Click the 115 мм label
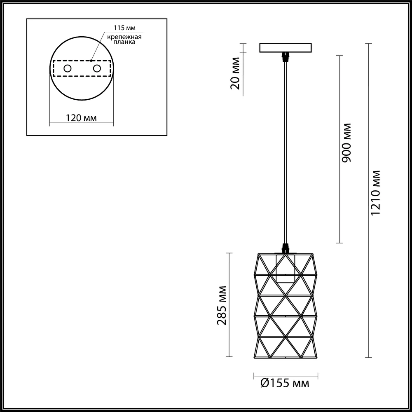coord(124,28)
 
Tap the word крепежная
coord(124,37)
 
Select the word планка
coord(124,42)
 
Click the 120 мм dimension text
coord(81,118)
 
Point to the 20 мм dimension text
coord(235,73)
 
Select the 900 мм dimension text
coord(346,143)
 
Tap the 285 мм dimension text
coord(222,305)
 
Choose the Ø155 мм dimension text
coord(285,383)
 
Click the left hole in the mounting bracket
coord(68,68)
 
